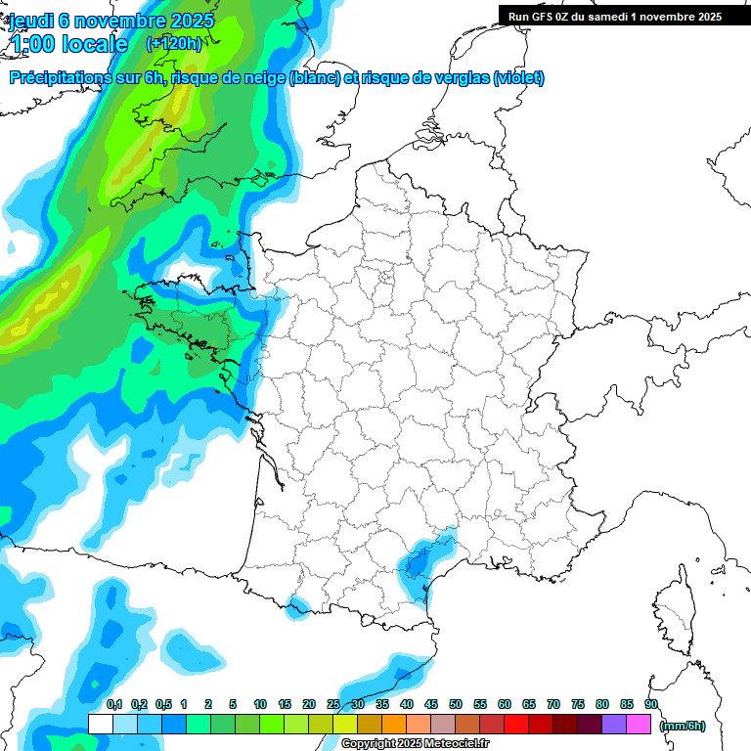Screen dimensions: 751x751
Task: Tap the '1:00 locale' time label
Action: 68,44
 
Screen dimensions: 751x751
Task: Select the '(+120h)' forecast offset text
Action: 173,43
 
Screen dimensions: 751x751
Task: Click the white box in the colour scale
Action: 101,724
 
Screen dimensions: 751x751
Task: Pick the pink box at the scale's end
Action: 639,724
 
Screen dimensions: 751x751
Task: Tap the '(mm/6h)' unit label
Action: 683,725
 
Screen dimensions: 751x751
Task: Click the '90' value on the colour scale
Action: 651,704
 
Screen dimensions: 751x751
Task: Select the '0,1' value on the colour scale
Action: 113,704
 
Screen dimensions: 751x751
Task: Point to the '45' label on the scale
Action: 431,704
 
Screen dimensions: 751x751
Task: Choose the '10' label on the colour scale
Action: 260,704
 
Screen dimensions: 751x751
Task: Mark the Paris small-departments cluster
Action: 385,280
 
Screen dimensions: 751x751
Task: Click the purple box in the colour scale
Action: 614,724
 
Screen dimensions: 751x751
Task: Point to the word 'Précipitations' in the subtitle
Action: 60,78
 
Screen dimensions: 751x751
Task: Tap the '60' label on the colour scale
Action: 505,704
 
